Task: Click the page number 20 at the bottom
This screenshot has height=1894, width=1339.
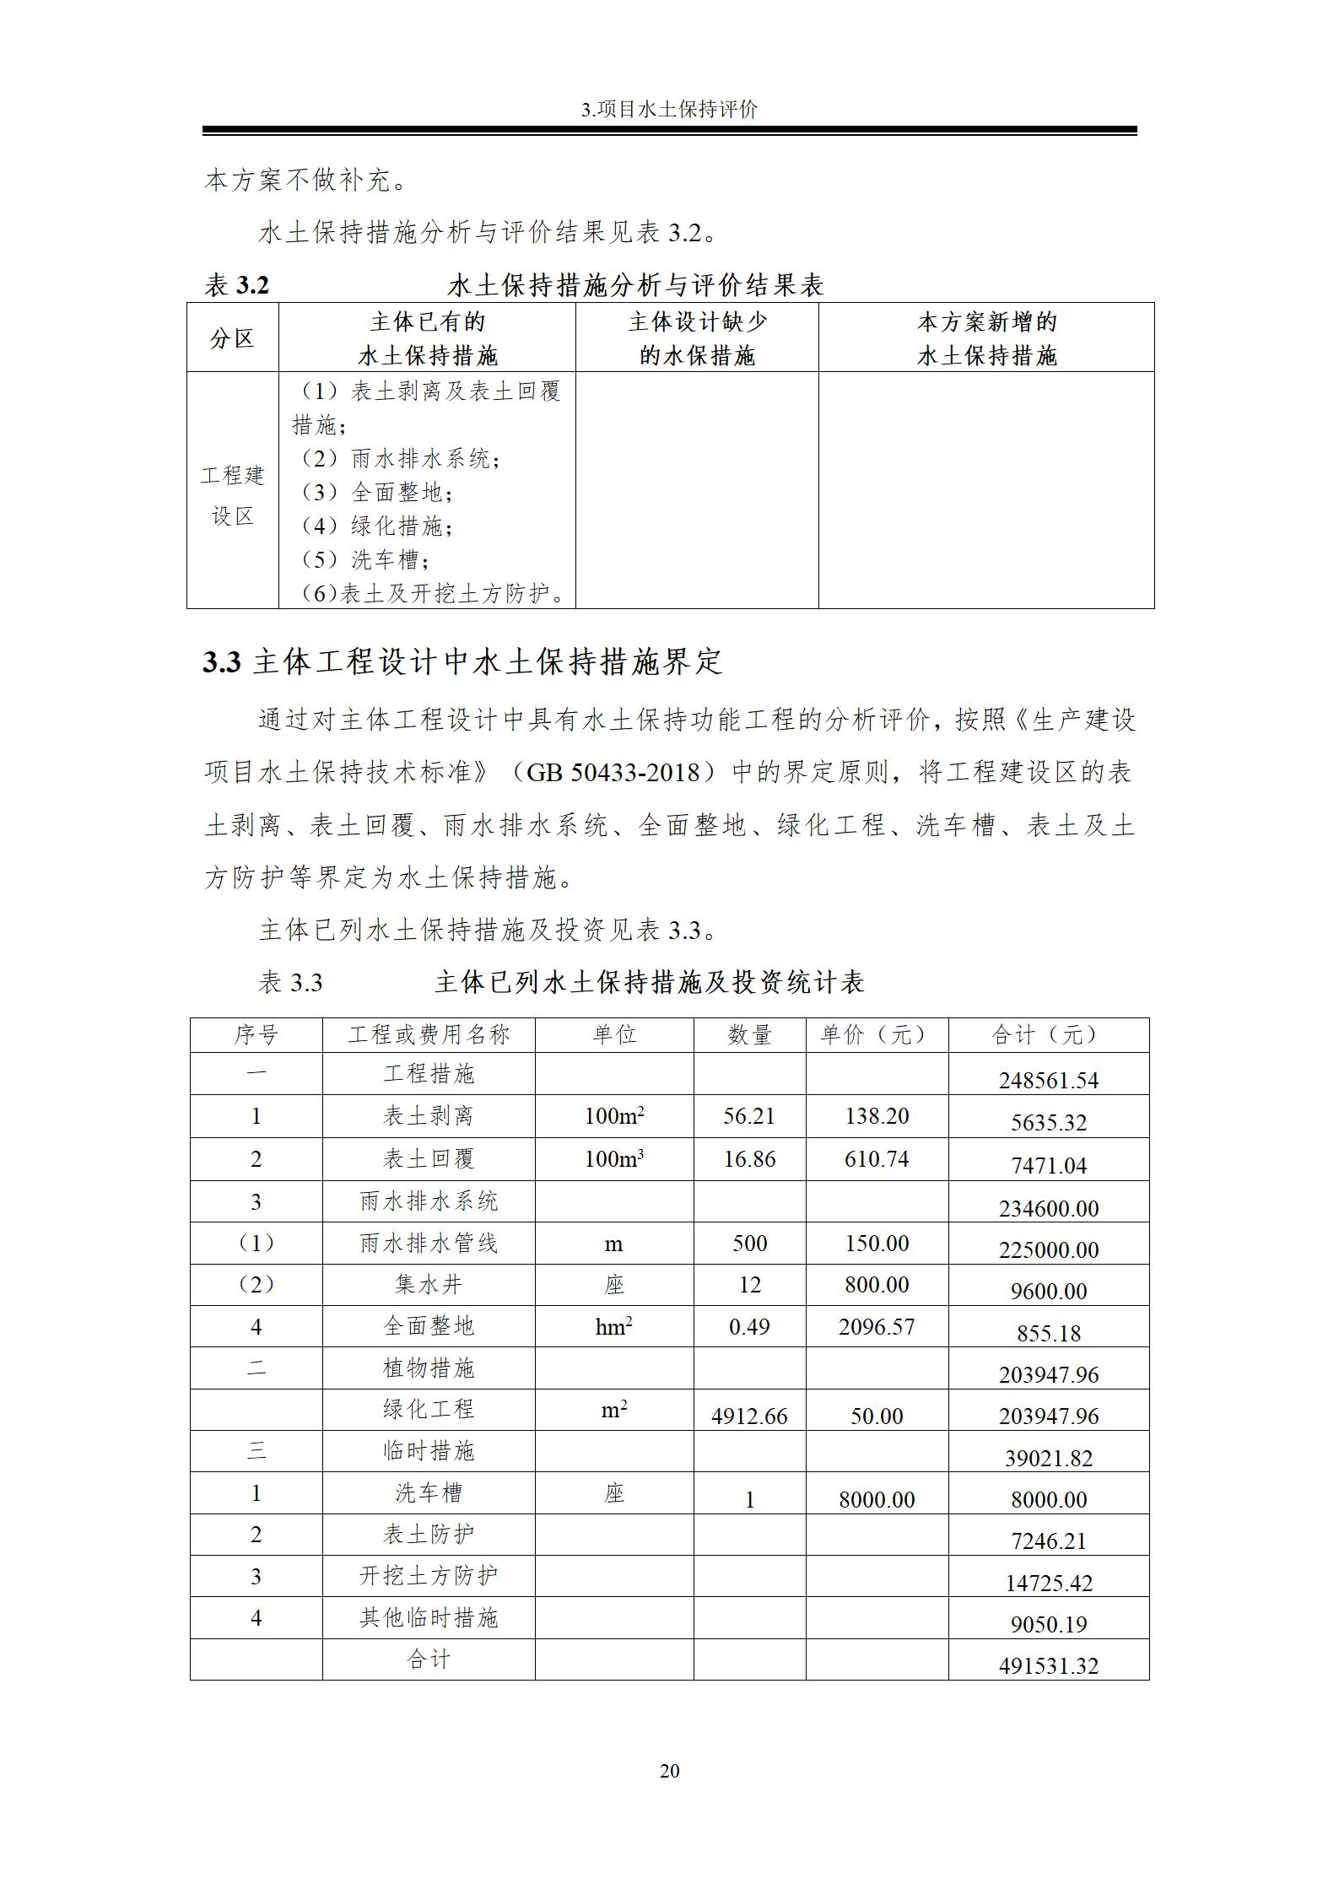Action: point(669,1771)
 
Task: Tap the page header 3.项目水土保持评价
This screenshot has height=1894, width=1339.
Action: point(669,110)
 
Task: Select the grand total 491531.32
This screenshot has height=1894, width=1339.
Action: point(1049,1665)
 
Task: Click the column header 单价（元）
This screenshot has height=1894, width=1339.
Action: point(876,1035)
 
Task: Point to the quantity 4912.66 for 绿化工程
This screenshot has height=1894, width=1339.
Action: point(749,1416)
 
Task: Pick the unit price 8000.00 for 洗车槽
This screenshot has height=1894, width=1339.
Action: point(877,1499)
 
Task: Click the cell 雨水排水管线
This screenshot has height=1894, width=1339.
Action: point(429,1244)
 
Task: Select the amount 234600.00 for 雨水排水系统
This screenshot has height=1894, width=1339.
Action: point(1049,1208)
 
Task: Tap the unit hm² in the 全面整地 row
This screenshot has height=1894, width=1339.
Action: point(613,1327)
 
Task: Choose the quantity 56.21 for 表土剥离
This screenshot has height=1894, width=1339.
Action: point(749,1116)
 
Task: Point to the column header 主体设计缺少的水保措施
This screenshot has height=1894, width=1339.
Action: point(697,338)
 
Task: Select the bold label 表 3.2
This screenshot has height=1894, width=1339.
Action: point(237,286)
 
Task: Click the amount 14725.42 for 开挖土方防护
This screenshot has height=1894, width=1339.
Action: point(1049,1583)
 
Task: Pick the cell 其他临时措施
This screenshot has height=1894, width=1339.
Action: point(429,1618)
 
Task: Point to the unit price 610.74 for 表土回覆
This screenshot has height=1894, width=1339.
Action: point(877,1159)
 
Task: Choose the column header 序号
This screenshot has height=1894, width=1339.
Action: point(256,1035)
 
